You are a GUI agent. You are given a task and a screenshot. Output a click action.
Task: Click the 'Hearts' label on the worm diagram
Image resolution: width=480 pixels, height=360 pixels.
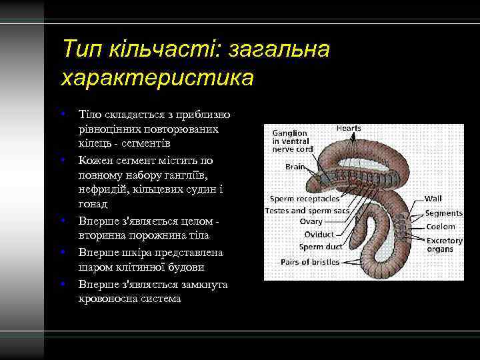(349, 128)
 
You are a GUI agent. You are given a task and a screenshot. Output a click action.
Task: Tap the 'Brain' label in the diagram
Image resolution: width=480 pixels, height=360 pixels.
(295, 167)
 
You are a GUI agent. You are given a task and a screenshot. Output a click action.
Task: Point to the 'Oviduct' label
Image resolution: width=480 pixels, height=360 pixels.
(319, 235)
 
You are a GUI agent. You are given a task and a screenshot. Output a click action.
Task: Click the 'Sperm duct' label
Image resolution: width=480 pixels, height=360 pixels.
(320, 247)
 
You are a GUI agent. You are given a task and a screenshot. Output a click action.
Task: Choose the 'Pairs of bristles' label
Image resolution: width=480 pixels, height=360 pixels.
(311, 262)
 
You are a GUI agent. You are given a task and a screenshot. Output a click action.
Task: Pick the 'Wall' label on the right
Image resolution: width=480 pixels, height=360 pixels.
(434, 199)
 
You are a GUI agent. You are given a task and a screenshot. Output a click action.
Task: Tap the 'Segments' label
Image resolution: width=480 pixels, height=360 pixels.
(443, 213)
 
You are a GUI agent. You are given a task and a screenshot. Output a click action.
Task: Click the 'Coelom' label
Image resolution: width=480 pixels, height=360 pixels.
(441, 227)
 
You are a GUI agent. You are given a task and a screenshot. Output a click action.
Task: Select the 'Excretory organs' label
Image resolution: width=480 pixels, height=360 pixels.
(445, 245)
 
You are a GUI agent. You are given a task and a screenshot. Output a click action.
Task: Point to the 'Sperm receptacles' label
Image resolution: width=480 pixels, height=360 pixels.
(305, 199)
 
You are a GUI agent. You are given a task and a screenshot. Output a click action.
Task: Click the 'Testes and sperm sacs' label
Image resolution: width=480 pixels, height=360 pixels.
(307, 211)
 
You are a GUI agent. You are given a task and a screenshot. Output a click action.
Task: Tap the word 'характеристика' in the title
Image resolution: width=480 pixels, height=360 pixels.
(157, 79)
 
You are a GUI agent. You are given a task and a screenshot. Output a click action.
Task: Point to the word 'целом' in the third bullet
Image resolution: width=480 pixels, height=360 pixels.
(200, 220)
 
